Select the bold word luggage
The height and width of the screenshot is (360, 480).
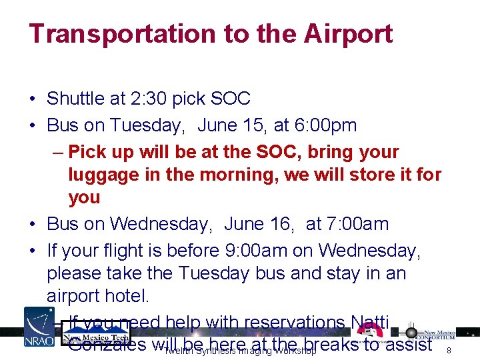tap(105, 175)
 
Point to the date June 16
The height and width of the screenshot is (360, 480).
tap(261, 223)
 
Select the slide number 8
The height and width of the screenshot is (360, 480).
tap(449, 350)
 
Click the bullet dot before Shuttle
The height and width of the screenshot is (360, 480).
tap(32, 99)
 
